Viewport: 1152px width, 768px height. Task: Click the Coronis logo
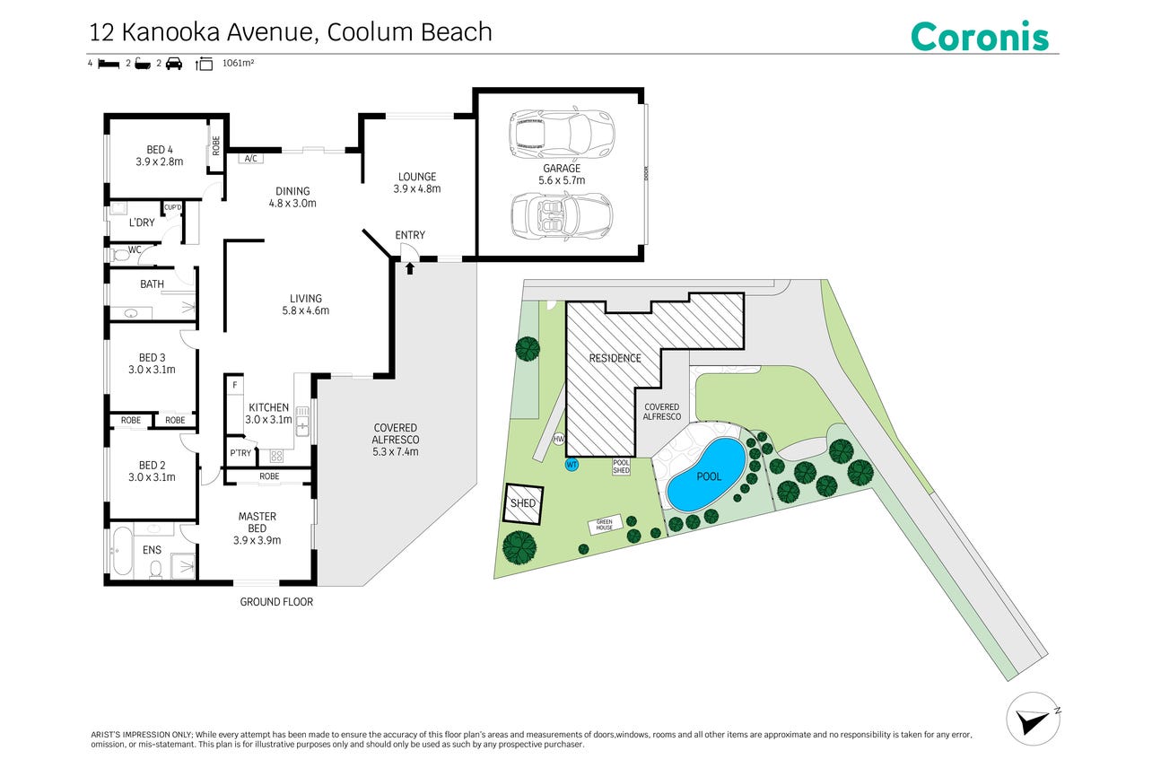point(979,36)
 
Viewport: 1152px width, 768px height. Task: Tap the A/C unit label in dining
point(251,159)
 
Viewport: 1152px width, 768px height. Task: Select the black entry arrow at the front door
point(409,268)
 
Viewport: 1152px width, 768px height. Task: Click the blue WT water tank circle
point(572,465)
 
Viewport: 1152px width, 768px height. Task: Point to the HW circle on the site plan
point(559,439)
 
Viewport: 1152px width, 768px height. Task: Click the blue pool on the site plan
point(705,475)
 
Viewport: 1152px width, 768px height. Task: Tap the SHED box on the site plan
point(524,503)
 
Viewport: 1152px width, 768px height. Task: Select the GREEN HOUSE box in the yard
point(605,525)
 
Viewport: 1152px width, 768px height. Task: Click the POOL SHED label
point(621,467)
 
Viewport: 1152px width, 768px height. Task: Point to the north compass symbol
point(1033,720)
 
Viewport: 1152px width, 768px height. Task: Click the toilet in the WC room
point(120,255)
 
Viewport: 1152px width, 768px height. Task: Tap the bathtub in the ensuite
point(122,550)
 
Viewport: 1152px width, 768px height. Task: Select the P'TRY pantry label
point(240,453)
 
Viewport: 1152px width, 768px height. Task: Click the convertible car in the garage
point(562,216)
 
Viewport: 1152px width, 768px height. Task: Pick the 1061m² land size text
point(238,64)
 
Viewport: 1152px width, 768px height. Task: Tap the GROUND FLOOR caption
point(276,602)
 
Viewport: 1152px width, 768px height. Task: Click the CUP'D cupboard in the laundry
point(173,207)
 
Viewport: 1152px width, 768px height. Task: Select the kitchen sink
point(302,421)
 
